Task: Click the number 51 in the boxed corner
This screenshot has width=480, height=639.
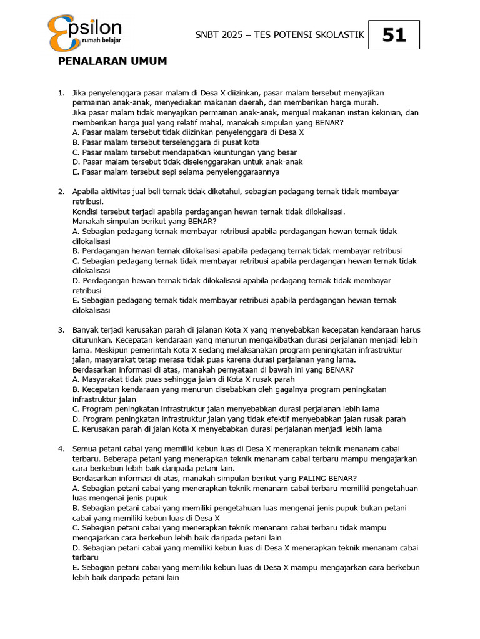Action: coord(394,35)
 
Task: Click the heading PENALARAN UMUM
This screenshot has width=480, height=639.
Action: coord(112,61)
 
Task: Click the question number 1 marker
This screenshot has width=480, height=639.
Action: coord(61,93)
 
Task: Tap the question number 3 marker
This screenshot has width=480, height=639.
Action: coord(61,329)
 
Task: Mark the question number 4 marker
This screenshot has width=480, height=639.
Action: coord(61,449)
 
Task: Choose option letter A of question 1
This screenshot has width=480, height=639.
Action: coord(76,132)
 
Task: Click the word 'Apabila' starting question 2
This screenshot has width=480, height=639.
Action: coord(86,192)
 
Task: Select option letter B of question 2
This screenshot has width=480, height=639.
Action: coord(76,251)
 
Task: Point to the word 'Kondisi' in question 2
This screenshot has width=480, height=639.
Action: coord(86,212)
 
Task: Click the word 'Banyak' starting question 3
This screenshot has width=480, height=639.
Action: coord(86,329)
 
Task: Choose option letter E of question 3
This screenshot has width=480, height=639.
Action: coord(76,429)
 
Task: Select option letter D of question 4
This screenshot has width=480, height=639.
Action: coord(76,548)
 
